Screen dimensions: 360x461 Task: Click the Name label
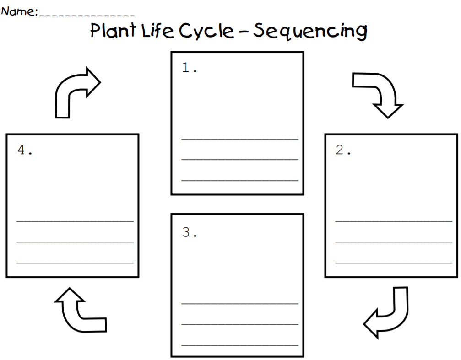click(x=19, y=12)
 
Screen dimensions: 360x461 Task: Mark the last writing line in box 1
click(x=240, y=180)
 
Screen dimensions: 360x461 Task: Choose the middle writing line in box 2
click(x=393, y=241)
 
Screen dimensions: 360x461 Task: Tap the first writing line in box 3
click(x=240, y=302)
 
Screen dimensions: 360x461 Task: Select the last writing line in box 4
click(x=75, y=263)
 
